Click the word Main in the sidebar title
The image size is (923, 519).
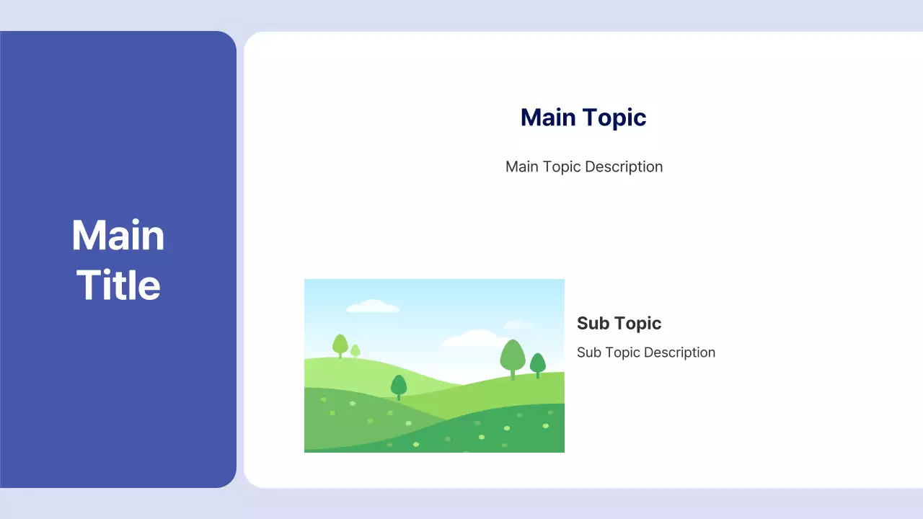coord(118,236)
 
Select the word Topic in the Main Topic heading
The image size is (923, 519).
coord(614,117)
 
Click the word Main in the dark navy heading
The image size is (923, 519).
coord(548,117)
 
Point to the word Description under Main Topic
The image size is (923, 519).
coord(624,167)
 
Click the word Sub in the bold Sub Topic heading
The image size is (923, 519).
coord(593,323)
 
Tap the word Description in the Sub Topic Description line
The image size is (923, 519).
coord(681,352)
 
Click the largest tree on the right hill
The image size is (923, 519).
coord(512,355)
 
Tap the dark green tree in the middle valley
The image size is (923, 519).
coord(399,385)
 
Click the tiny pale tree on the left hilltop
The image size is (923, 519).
coord(355,350)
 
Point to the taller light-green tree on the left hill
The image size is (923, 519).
coord(340,343)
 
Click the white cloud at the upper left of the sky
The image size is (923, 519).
coord(372,306)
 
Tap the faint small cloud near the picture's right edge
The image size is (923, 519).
coord(518,325)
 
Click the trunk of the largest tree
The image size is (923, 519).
coord(513,375)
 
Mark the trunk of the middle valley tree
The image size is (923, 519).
coord(399,396)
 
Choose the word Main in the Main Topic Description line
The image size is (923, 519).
coord(522,167)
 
